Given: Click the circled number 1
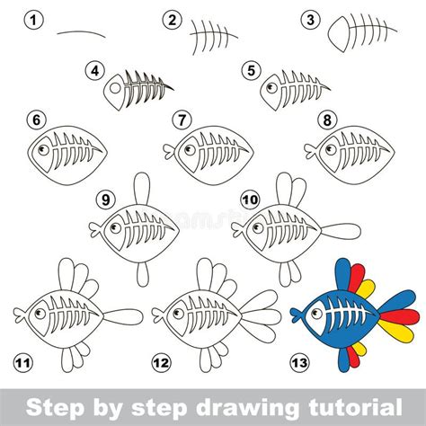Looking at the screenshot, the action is [33, 21].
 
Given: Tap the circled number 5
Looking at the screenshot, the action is [252, 71].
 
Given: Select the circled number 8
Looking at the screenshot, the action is [327, 120].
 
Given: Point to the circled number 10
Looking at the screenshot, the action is [250, 200].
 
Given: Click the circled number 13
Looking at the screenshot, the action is [300, 363].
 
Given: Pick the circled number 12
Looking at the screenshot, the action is [162, 363].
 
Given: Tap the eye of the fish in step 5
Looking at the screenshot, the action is [271, 88].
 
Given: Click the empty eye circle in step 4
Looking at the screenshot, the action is [114, 88].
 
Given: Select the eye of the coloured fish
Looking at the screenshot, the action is [316, 314].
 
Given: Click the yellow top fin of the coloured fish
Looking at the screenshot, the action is [366, 288].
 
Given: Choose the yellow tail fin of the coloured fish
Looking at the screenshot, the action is [396, 331].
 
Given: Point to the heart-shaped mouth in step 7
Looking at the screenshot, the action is [169, 151].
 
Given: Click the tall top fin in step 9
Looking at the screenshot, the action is [141, 189].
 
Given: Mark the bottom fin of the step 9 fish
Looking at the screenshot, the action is [143, 274].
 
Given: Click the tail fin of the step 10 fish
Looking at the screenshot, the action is [341, 231].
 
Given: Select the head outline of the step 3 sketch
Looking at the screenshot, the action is [339, 34].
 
